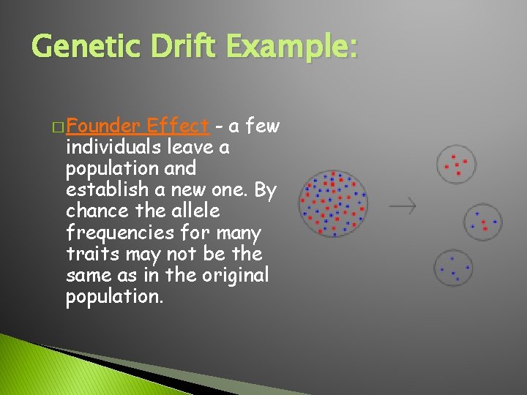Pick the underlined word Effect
179,126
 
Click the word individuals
114,147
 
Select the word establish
102,190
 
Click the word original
234,276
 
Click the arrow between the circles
402,206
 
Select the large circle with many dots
333,203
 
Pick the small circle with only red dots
456,165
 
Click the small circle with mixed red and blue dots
483,222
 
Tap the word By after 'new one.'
265,190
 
